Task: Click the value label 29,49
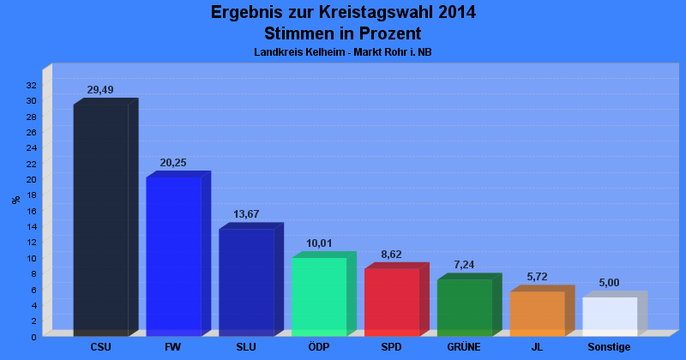tap(100, 90)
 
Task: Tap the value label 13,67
tap(246, 214)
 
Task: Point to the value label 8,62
tap(391, 255)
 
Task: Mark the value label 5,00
tap(609, 283)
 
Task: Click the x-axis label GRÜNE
tap(464, 347)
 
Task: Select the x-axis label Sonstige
tap(609, 347)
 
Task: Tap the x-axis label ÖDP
tap(318, 347)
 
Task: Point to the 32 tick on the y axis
tap(31, 86)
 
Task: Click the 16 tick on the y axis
tap(31, 211)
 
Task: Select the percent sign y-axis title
tap(16, 200)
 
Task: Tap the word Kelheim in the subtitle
tap(325, 52)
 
